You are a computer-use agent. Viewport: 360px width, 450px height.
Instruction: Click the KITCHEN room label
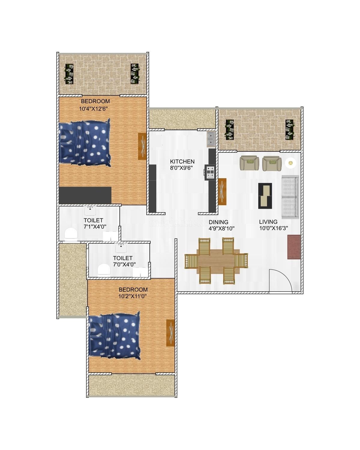tap(182, 161)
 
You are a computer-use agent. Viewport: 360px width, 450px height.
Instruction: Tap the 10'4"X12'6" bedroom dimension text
tap(93, 109)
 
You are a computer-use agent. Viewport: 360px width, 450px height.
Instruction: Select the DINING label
tap(218, 222)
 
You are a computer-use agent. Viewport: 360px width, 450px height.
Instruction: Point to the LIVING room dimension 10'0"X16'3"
tap(273, 228)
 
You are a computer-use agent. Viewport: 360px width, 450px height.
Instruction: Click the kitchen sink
tap(211, 139)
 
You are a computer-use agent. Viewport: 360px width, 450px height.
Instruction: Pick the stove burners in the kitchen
tap(210, 172)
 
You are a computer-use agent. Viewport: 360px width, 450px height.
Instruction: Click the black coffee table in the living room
tap(265, 196)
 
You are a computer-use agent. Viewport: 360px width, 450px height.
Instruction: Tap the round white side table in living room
tap(290, 163)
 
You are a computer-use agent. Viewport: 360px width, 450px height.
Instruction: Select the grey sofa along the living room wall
tap(290, 197)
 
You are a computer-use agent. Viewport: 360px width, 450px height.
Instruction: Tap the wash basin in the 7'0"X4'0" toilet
tap(121, 248)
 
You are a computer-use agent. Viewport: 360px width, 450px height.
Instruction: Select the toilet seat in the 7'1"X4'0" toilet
tap(71, 234)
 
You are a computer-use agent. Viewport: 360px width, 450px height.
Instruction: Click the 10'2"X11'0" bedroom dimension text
tap(133, 296)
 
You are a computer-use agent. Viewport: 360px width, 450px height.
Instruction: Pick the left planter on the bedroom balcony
tap(69, 74)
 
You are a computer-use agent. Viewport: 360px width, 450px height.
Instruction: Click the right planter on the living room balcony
tap(289, 129)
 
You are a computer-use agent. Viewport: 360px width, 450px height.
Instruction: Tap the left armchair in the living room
tap(249, 163)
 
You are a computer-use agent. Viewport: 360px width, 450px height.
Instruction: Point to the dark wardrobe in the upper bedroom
tap(85, 195)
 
